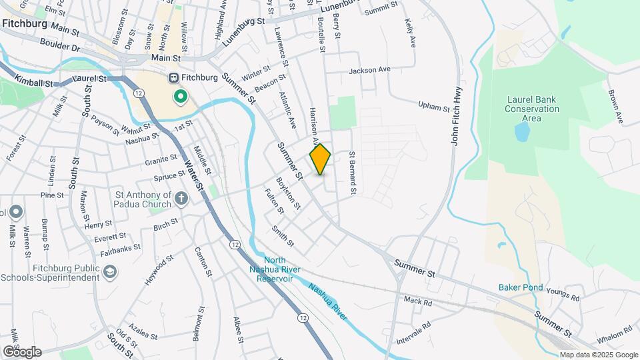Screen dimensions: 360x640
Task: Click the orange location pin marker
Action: (x=320, y=159)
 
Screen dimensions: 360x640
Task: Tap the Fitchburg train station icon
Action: (x=174, y=77)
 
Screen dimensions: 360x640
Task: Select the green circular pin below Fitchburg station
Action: (x=180, y=97)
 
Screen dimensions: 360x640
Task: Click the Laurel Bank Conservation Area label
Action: (x=531, y=109)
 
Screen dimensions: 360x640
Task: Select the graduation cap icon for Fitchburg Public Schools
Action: (x=109, y=271)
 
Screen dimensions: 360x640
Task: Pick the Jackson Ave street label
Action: (x=369, y=69)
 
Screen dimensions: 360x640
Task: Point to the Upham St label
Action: (x=435, y=105)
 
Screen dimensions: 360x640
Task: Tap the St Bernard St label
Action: (x=353, y=173)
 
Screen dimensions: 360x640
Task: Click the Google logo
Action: (x=21, y=352)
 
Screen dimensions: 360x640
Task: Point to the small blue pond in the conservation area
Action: (x=522, y=133)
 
